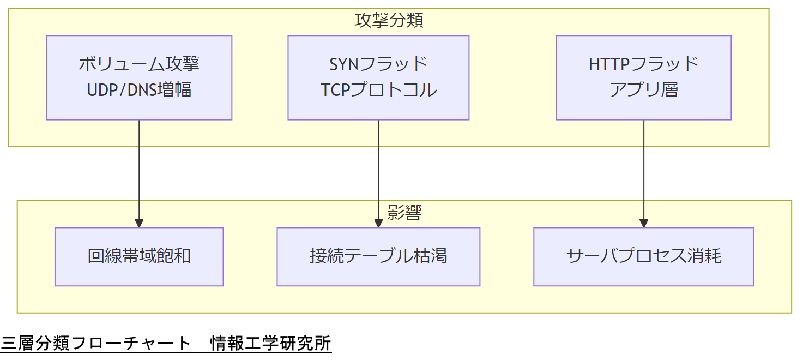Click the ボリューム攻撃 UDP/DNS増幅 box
(139, 77)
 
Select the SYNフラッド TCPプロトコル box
(378, 77)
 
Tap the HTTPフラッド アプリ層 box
(643, 77)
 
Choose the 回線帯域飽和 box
(139, 256)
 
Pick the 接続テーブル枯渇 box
(378, 256)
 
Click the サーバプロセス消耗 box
(643, 256)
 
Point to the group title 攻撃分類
(389, 21)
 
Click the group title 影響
(404, 213)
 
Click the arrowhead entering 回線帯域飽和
(139, 224)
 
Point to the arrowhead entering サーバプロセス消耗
(644, 224)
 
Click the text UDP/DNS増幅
(139, 89)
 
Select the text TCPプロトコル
(378, 89)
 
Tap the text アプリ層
(643, 89)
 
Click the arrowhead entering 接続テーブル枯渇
(378, 224)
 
